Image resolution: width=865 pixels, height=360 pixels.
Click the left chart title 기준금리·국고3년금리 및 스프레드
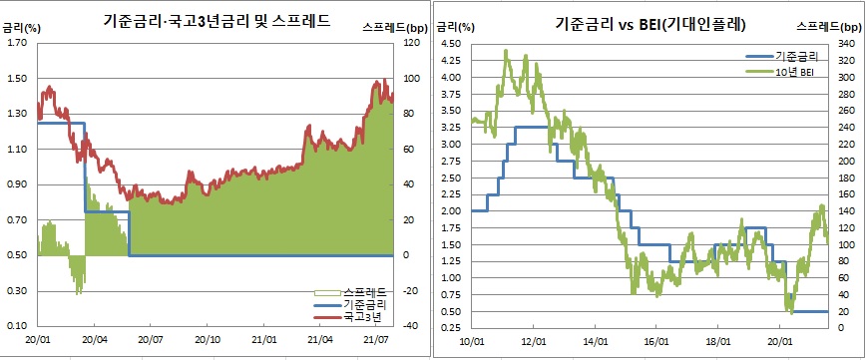coord(217,19)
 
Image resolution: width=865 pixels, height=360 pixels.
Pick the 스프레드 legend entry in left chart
coord(360,291)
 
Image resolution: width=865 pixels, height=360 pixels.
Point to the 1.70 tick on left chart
coord(17,43)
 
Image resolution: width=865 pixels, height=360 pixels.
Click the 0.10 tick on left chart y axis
coord(17,326)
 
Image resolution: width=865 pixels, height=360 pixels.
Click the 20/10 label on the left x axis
coord(208,340)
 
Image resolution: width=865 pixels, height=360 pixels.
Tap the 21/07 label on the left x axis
coord(376,340)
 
